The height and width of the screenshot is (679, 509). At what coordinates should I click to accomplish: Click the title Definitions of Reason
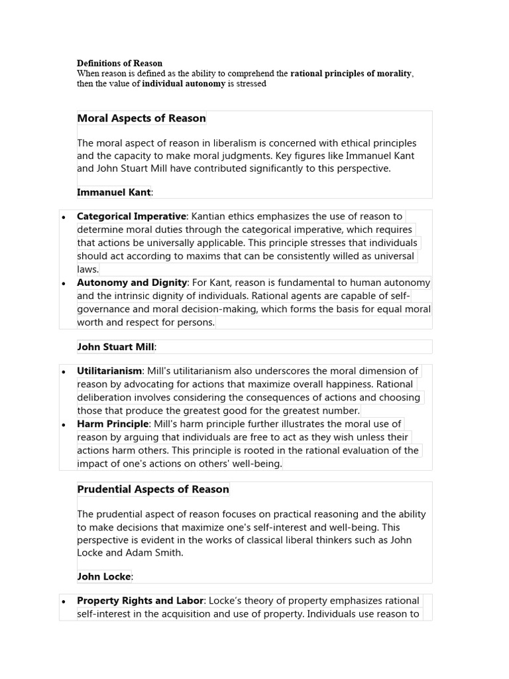(x=119, y=64)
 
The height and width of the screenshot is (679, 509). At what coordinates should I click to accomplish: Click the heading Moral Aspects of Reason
(x=141, y=119)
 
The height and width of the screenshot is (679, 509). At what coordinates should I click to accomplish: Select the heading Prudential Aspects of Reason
(x=153, y=489)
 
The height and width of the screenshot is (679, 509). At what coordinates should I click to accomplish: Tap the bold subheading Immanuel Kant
(x=113, y=192)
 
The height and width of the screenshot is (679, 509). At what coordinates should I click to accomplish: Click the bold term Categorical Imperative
(x=131, y=216)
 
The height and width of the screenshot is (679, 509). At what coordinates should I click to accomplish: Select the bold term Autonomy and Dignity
(x=132, y=282)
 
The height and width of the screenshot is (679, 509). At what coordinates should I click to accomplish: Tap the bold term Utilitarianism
(x=109, y=371)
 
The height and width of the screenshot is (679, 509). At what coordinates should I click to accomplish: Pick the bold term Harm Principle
(x=113, y=424)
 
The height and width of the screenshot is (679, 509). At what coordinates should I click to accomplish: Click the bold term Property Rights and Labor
(x=140, y=601)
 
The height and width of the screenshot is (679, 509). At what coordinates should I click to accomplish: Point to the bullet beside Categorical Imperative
(x=63, y=217)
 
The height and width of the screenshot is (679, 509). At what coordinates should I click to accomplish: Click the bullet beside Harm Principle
(x=63, y=425)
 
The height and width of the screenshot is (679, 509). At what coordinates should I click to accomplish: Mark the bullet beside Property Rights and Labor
(x=63, y=602)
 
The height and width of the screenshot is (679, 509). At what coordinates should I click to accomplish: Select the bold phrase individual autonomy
(x=184, y=84)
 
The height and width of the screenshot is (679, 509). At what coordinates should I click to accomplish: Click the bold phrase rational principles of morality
(x=351, y=74)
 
